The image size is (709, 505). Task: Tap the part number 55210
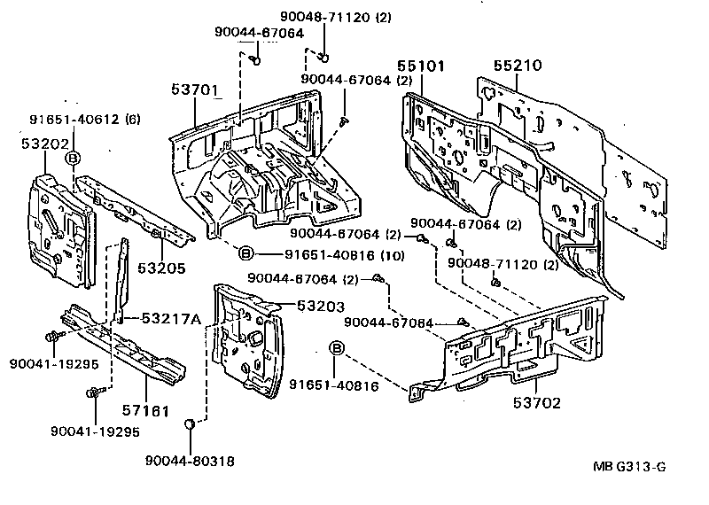517,66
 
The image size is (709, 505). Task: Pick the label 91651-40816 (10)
331,253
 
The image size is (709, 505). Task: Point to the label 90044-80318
191,461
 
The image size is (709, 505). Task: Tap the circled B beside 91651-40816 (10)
247,253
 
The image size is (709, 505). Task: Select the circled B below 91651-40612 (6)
74,158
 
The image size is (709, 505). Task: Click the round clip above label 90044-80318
190,426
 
